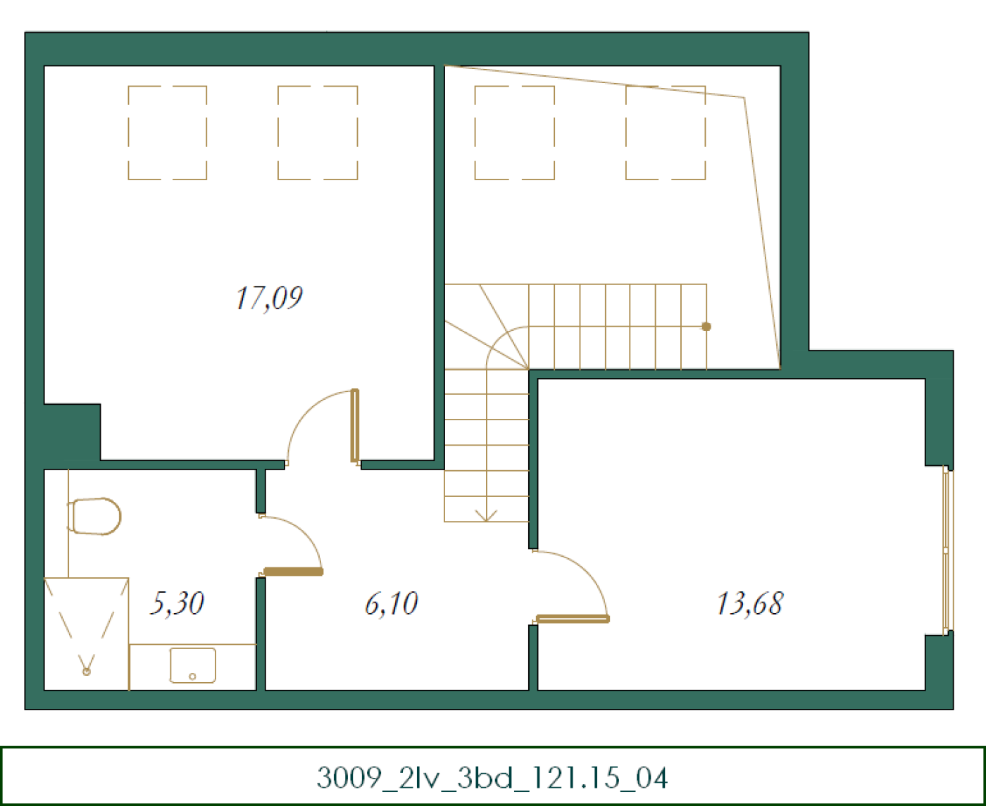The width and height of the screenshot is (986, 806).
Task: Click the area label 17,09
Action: [269, 298]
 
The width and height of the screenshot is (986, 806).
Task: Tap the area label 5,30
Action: [177, 603]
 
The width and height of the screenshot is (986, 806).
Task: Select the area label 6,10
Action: [392, 603]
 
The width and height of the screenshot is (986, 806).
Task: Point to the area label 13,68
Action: [750, 603]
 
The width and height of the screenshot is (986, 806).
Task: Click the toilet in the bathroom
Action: [95, 516]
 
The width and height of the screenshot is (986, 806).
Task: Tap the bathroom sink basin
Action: [192, 665]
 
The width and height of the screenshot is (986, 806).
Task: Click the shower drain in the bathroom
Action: [87, 672]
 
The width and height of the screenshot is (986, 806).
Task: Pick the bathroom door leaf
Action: [293, 572]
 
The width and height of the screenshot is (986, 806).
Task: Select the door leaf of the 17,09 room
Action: [355, 425]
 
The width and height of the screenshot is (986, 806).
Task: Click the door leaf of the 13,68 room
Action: [573, 619]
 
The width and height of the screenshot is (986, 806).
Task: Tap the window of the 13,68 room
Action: [947, 550]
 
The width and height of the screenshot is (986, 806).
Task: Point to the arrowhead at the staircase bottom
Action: [486, 516]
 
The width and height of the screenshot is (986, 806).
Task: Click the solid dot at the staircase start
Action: [706, 327]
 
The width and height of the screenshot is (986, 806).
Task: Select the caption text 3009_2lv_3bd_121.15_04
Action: [492, 778]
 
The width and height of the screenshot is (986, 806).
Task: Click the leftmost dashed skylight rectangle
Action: [168, 133]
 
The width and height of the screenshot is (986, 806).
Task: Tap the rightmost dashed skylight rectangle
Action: [666, 133]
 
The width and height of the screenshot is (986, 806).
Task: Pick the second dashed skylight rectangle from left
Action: [318, 133]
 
